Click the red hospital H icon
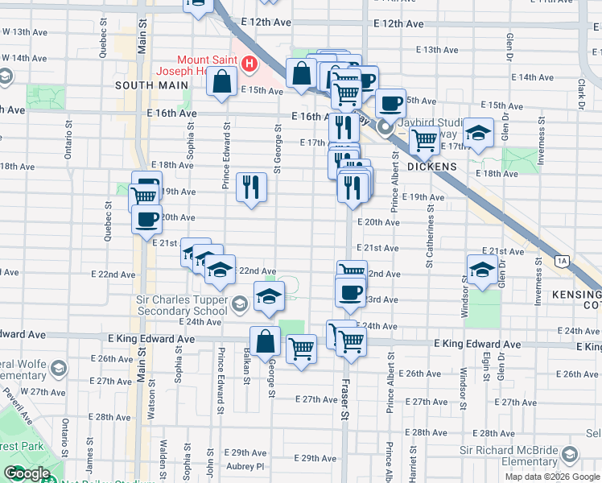coord(249,63)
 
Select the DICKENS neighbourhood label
coord(431,167)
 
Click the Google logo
coord(26,473)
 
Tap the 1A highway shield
coord(562,261)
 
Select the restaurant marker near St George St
coord(252,188)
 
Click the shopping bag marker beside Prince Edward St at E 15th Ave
coord(221,81)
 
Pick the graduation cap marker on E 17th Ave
coord(479,134)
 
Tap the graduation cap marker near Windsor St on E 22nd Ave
coord(481,270)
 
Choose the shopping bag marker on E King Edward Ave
coord(265,341)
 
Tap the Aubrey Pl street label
coord(247,466)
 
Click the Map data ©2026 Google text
coord(552,476)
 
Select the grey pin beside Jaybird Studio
coord(386,126)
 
